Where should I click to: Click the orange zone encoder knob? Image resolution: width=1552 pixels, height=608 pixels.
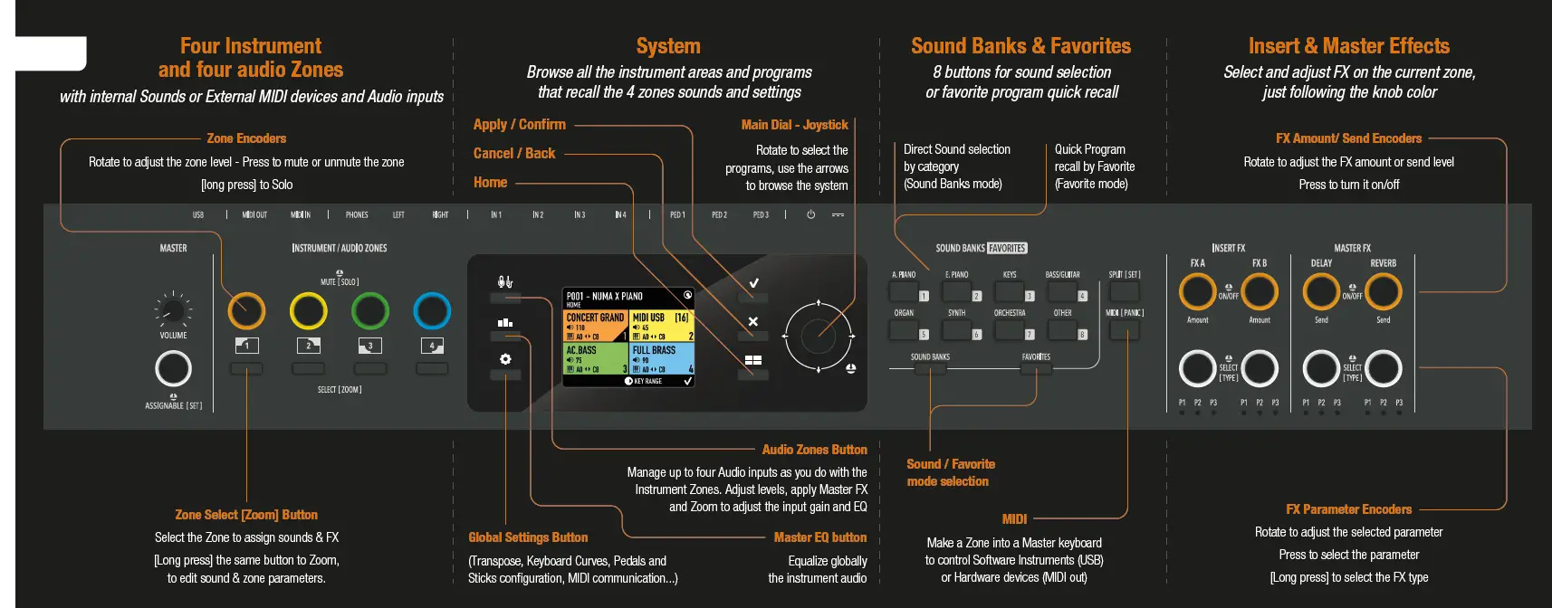point(246,310)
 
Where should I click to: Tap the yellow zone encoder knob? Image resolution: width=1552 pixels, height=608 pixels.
point(308,310)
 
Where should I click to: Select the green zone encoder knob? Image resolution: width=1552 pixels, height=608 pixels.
point(369,310)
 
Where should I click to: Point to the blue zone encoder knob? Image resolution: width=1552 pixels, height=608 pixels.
point(432,310)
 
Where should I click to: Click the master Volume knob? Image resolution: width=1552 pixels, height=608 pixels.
point(172,310)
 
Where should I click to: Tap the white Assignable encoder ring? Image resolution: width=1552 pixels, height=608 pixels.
point(173,368)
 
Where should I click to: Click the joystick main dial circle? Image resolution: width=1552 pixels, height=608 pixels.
point(818,336)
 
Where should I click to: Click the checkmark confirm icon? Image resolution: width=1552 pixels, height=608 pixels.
point(753,283)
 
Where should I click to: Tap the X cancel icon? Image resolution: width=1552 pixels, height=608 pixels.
point(753,321)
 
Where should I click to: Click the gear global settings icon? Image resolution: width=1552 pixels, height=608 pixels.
point(505,359)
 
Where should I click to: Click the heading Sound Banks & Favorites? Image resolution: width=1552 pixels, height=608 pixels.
point(1020,46)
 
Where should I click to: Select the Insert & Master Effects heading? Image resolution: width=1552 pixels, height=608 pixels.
point(1348,46)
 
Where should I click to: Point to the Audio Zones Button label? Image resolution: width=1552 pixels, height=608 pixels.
point(814,450)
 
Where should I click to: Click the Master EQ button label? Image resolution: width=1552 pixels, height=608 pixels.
point(819,537)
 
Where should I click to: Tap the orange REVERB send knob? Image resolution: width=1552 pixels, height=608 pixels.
point(1383,291)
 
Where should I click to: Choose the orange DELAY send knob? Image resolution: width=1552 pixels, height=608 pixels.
point(1321,291)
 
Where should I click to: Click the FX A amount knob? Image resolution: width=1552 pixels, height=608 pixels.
point(1197,291)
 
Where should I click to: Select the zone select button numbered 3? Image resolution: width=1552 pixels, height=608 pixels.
point(369,346)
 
